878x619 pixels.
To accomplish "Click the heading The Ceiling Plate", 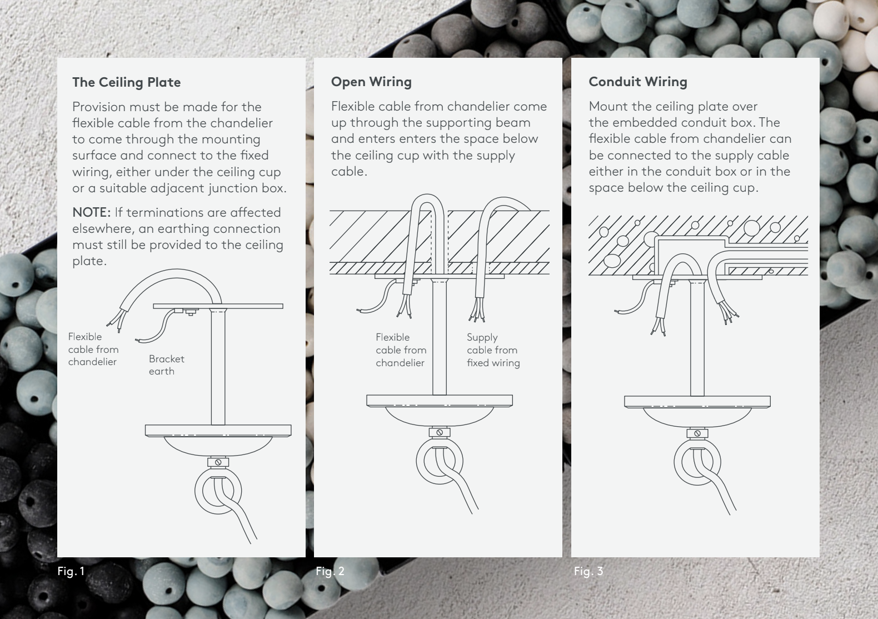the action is pyautogui.click(x=126, y=82).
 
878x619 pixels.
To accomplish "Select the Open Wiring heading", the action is pyautogui.click(x=371, y=82).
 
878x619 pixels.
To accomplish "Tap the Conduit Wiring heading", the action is pyautogui.click(x=638, y=82).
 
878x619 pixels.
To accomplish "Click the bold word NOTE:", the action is pyautogui.click(x=92, y=212).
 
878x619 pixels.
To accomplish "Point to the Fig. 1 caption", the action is pyautogui.click(x=71, y=571).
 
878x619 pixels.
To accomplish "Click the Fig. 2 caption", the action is pyautogui.click(x=330, y=571).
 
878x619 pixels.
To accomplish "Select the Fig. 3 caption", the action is pyautogui.click(x=588, y=571).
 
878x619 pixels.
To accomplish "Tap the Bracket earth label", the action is pyautogui.click(x=166, y=365).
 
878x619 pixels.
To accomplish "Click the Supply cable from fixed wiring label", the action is pyautogui.click(x=493, y=350).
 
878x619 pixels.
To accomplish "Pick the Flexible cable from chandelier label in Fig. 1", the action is pyautogui.click(x=93, y=350).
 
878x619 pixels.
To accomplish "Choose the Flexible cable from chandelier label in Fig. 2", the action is pyautogui.click(x=401, y=350).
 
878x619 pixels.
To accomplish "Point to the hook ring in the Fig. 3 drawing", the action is pyautogui.click(x=676, y=463).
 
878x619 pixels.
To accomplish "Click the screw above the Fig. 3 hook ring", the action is pyautogui.click(x=697, y=433).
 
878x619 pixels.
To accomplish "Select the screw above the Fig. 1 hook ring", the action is pyautogui.click(x=218, y=462).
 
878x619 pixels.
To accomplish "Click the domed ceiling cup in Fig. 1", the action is pyautogui.click(x=218, y=447).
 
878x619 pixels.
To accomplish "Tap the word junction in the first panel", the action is pyautogui.click(x=232, y=188).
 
